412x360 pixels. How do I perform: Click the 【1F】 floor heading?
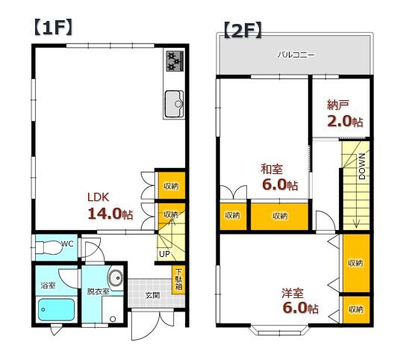[x=53, y=28]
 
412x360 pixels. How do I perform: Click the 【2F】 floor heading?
[x=243, y=31]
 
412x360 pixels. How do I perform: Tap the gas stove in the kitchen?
[x=175, y=61]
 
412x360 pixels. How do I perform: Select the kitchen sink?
[x=174, y=104]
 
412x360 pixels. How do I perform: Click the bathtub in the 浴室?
[x=56, y=309]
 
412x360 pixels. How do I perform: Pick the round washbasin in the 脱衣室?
[x=116, y=278]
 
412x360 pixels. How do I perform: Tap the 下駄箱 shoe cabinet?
[x=178, y=280]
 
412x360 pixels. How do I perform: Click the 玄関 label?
[x=152, y=295]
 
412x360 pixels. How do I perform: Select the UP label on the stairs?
[x=164, y=254]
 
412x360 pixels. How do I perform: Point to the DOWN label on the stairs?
[x=362, y=167]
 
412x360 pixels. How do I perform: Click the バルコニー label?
[x=296, y=55]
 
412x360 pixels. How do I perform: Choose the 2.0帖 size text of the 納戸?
[x=346, y=122]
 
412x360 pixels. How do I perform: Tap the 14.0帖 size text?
[x=110, y=214]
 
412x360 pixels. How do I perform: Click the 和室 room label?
[x=272, y=170]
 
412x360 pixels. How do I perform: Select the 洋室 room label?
[x=293, y=294]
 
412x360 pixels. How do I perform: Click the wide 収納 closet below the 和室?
[x=280, y=216]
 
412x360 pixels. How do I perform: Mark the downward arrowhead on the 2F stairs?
[x=356, y=224]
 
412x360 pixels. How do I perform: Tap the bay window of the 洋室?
[x=279, y=330]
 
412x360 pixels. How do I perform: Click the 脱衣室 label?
[x=98, y=291]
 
